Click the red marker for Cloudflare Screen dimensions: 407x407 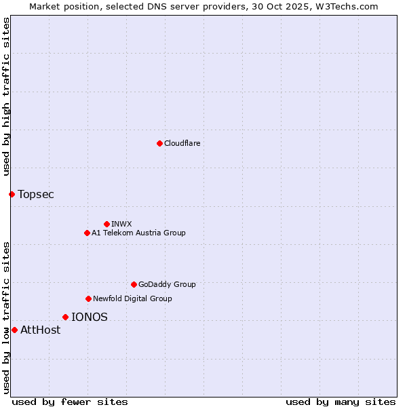coord(159,143)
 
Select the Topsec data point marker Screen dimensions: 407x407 coord(12,195)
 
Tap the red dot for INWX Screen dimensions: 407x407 coord(106,224)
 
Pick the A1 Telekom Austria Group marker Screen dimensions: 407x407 coord(87,233)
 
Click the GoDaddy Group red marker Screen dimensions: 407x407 coord(134,284)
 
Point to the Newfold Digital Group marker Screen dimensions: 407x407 coord(88,298)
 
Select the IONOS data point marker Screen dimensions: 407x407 coord(65,317)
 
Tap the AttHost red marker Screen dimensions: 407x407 coord(14,330)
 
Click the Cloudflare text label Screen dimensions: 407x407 coord(182,143)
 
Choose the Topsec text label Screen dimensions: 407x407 coord(36,195)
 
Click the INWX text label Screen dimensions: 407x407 coord(121,224)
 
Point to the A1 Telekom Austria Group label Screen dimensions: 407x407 coord(138,233)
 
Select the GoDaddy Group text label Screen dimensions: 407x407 coord(166,284)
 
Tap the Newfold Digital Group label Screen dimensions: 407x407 coord(132,298)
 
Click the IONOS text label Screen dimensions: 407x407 coord(90,317)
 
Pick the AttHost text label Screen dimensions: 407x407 coord(41,330)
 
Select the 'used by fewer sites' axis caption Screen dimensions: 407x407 coord(70,402)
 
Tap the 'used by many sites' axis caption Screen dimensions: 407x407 coord(341,402)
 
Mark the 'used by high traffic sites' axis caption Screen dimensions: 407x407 coord(6,96)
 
